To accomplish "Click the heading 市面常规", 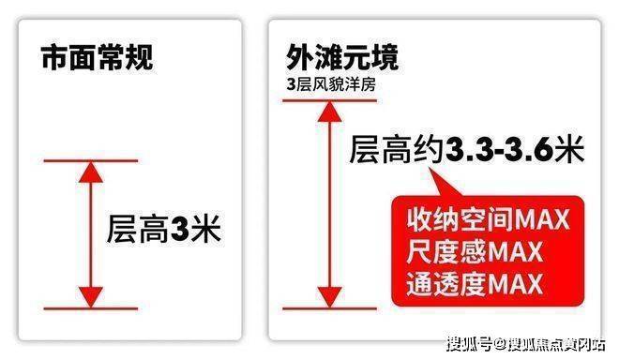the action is pyautogui.click(x=98, y=57).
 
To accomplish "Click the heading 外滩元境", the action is pyautogui.click(x=342, y=57).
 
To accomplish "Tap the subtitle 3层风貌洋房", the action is pyautogui.click(x=331, y=85).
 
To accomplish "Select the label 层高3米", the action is pyautogui.click(x=163, y=229).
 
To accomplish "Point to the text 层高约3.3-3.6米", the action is pyautogui.click(x=467, y=150).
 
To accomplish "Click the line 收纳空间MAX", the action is pyautogui.click(x=489, y=219).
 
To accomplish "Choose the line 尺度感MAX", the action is pyautogui.click(x=475, y=252).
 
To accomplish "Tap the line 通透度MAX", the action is pyautogui.click(x=475, y=284).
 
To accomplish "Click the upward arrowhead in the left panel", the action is pyautogui.click(x=91, y=172).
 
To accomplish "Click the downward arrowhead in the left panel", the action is pyautogui.click(x=91, y=297).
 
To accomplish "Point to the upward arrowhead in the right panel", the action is pyautogui.click(x=329, y=112).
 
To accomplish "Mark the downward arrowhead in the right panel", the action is pyautogui.click(x=329, y=297).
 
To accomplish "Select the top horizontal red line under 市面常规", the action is pyautogui.click(x=91, y=160).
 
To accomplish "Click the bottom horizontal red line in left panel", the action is pyautogui.click(x=91, y=308).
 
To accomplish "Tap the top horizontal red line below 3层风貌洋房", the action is pyautogui.click(x=329, y=100).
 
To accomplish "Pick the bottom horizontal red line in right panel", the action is pyautogui.click(x=329, y=308).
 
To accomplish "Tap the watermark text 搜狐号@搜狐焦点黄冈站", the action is pyautogui.click(x=526, y=344).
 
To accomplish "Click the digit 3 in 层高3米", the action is pyautogui.click(x=179, y=230).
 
